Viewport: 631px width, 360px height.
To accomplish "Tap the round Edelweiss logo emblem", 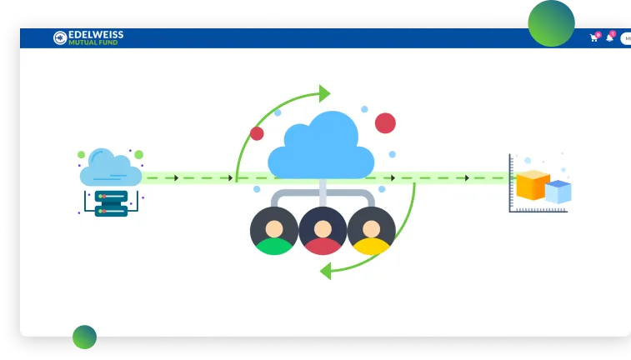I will point(60,37).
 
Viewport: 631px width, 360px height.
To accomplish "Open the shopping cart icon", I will point(593,38).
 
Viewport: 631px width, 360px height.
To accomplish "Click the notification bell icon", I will point(609,38).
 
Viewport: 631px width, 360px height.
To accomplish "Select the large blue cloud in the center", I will point(320,147).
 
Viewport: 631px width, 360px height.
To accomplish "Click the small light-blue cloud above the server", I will point(110,168).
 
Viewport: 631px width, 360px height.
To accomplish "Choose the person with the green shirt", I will point(273,231).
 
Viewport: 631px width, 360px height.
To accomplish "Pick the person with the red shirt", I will point(323,231).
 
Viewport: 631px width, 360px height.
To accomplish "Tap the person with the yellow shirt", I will point(371,231).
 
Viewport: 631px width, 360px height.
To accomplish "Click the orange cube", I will point(532,184).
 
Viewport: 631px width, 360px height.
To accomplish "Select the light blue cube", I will point(558,192).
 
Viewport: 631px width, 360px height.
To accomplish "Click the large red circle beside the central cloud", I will point(385,123).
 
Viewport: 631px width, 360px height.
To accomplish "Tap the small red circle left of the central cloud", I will point(257,133).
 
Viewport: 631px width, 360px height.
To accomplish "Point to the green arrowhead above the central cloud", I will point(324,92).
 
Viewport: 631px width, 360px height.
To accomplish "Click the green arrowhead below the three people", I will point(326,270).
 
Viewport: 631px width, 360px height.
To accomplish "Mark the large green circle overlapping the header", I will point(551,22).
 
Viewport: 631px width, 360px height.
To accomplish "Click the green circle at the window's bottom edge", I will point(84,337).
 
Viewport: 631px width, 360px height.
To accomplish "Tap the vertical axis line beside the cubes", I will point(510,183).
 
